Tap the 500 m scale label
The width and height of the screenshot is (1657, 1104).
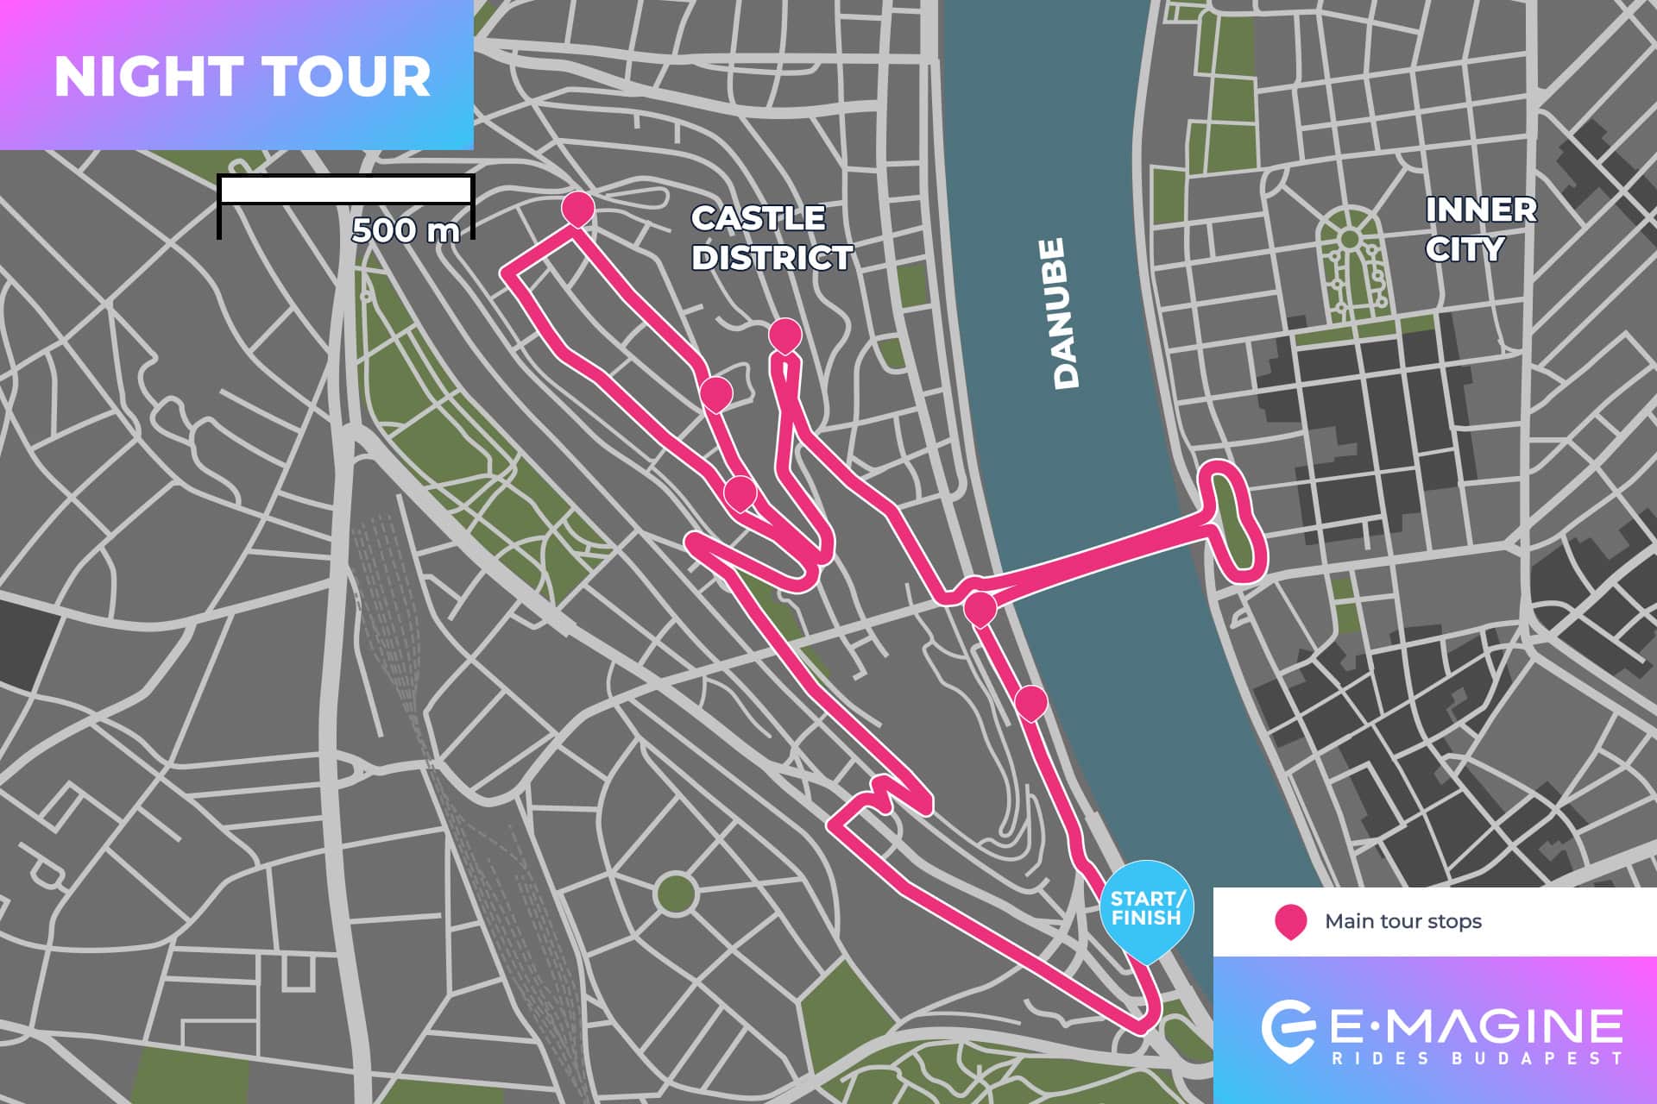(x=405, y=230)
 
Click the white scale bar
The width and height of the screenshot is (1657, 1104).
(x=345, y=190)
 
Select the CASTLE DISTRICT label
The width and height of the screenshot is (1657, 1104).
(x=772, y=238)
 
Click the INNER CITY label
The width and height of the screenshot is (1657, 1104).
(x=1480, y=229)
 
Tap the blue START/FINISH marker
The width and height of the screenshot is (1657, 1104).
(x=1146, y=910)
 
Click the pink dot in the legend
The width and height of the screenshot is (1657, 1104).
(x=1289, y=921)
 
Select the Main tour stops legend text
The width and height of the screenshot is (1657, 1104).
(x=1403, y=921)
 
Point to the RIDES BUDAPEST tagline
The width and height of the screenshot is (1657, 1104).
(x=1476, y=1058)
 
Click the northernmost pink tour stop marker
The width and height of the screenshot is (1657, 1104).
(x=577, y=208)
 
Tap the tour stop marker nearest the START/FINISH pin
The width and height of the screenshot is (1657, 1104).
(x=1030, y=701)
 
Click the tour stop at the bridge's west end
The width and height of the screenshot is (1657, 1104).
(x=980, y=607)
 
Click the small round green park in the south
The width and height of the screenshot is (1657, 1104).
(x=675, y=894)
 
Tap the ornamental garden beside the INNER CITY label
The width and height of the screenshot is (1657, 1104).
(x=1351, y=263)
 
